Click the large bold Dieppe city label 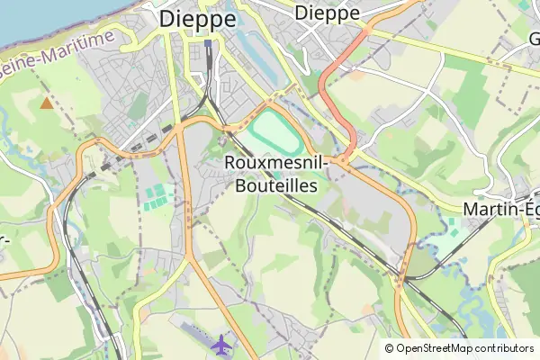pos(198,19)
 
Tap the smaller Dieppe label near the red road pos(327,13)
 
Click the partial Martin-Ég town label pos(500,209)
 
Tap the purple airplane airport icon pos(220,343)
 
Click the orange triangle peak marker pos(46,103)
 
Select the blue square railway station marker pos(208,42)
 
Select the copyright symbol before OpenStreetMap pos(390,348)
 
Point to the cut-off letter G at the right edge pos(534,39)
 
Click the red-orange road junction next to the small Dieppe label pos(367,30)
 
